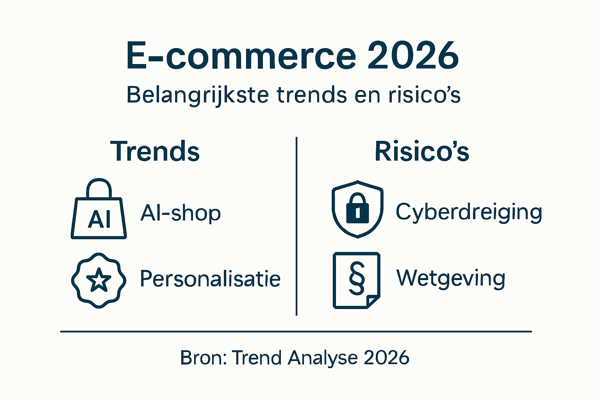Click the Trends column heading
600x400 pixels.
[155, 152]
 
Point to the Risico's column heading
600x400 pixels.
[422, 152]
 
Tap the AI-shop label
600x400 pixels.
[180, 213]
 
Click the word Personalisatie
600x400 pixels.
[210, 279]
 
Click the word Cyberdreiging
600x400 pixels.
[469, 212]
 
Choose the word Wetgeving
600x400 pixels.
[451, 279]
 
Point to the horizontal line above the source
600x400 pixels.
[296, 331]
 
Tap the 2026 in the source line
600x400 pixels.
[386, 357]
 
